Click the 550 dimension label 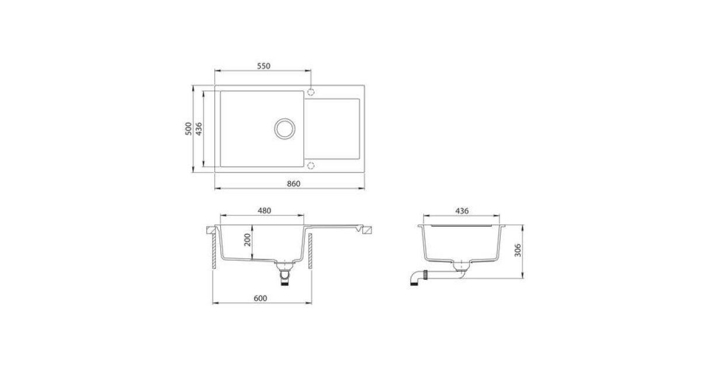coord(263,66)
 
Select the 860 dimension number coord(293,184)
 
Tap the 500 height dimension coord(188,129)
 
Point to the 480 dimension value coord(264,211)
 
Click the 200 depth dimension coord(248,240)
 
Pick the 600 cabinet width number coord(261,298)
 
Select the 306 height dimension coord(518,251)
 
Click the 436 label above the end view coord(462,211)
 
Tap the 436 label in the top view coord(199,129)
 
